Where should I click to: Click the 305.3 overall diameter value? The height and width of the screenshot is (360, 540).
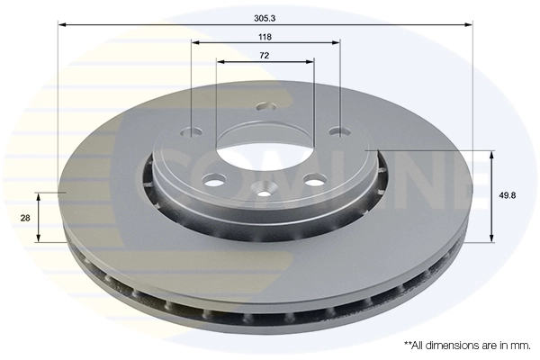pos(265,16)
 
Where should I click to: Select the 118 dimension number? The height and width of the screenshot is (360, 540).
pos(265,37)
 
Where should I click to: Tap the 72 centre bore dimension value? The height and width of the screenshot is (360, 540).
pos(265,56)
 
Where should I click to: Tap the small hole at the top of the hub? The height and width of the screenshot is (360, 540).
pos(262,107)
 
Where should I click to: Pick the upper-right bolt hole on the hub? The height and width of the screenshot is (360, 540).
pos(338,132)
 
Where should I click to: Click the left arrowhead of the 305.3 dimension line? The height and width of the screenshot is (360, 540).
pos(62,25)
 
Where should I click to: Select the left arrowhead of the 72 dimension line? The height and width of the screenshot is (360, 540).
pos(220,62)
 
